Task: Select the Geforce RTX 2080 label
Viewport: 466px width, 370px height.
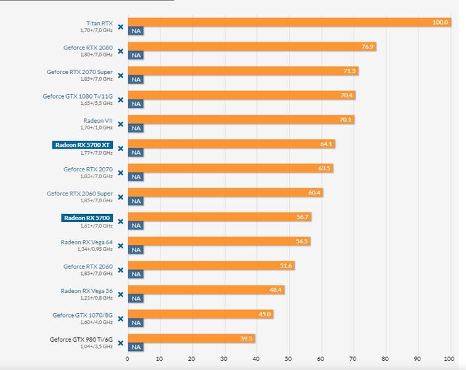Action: pyautogui.click(x=88, y=47)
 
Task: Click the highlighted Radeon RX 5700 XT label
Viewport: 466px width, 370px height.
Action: pyautogui.click(x=83, y=145)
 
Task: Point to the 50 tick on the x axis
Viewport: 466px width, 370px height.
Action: pyautogui.click(x=288, y=358)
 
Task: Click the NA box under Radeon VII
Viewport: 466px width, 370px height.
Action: pyautogui.click(x=136, y=128)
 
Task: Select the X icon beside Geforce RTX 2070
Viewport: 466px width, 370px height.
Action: pyautogui.click(x=121, y=173)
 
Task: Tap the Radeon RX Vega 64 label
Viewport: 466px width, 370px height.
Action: pyautogui.click(x=86, y=242)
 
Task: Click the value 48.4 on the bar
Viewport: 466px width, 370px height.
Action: pyautogui.click(x=275, y=290)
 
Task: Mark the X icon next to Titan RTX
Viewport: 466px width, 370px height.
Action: pyautogui.click(x=121, y=27)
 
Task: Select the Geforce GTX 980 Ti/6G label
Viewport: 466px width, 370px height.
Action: pyautogui.click(x=81, y=339)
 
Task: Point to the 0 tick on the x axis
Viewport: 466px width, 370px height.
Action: pyautogui.click(x=128, y=358)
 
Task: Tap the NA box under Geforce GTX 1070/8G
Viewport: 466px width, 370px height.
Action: pyautogui.click(x=136, y=323)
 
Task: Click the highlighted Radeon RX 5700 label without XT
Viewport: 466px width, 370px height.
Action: pyautogui.click(x=87, y=218)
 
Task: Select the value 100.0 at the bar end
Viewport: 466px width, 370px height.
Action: pyautogui.click(x=440, y=22)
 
